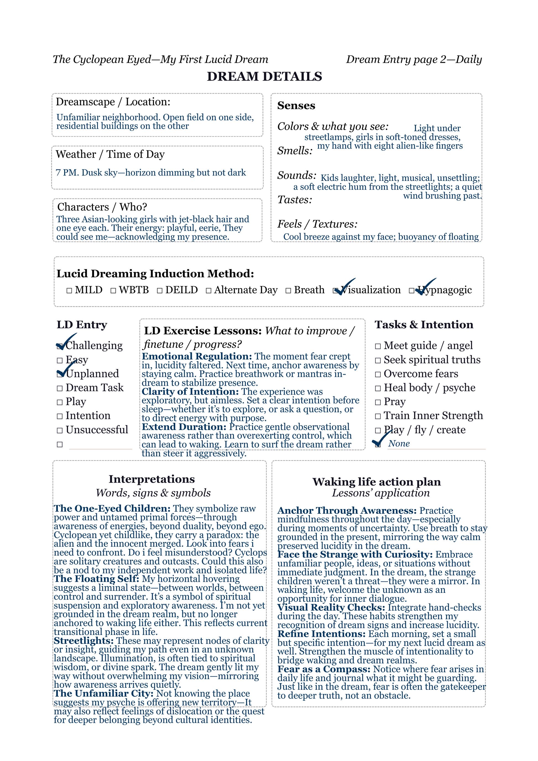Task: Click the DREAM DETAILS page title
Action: click(264, 77)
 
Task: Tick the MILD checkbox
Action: click(69, 291)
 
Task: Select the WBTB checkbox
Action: click(113, 291)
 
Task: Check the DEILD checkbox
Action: click(160, 291)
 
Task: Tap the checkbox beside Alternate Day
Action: click(208, 291)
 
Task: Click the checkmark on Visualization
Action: click(344, 287)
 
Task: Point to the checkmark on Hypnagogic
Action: click(425, 287)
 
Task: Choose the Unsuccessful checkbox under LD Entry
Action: click(60, 431)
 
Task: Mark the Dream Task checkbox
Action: click(60, 389)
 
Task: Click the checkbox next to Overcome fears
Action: click(378, 374)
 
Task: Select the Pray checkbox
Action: click(378, 402)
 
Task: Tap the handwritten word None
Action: click(399, 444)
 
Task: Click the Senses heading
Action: click(296, 105)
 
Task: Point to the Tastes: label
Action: click(294, 200)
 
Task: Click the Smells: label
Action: click(295, 151)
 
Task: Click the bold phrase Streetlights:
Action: click(84, 641)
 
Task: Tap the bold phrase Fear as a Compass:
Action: click(324, 669)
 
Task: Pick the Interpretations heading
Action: click(152, 479)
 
